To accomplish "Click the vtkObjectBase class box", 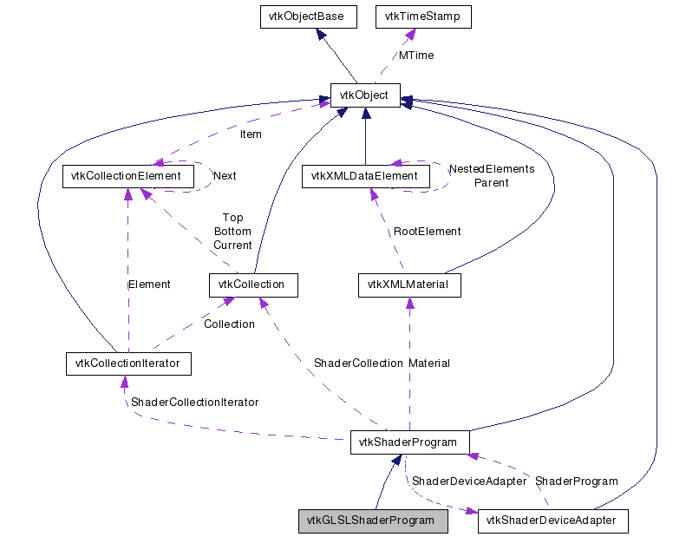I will pyautogui.click(x=310, y=16).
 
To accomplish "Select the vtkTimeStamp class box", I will pyautogui.click(x=422, y=16).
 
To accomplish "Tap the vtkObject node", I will pyautogui.click(x=365, y=95).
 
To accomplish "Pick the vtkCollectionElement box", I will pyautogui.click(x=128, y=176).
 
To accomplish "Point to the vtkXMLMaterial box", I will pyautogui.click(x=408, y=284).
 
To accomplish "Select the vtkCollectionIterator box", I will pyautogui.click(x=128, y=363).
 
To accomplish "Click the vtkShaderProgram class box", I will pyautogui.click(x=409, y=442).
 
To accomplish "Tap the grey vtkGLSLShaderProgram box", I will pyautogui.click(x=373, y=521).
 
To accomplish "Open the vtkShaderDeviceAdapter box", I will pyautogui.click(x=552, y=521).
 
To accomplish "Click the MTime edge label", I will pyautogui.click(x=415, y=56).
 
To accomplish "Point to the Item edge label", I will pyautogui.click(x=250, y=134).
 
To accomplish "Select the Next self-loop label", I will pyautogui.click(x=224, y=175).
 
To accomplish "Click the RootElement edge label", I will pyautogui.click(x=427, y=232).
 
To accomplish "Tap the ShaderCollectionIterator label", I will pyautogui.click(x=194, y=402).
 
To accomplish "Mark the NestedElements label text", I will pyautogui.click(x=491, y=168).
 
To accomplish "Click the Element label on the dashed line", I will pyautogui.click(x=148, y=284).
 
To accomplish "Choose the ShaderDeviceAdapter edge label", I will pyautogui.click(x=468, y=481).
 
